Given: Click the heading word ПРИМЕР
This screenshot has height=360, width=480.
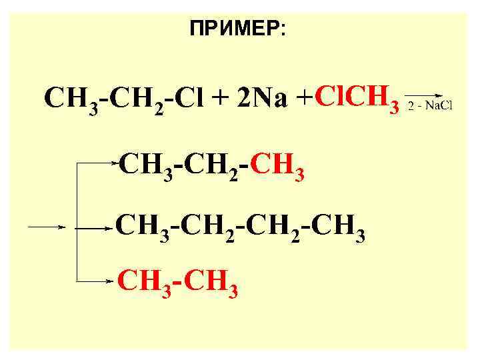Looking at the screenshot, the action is click(x=235, y=29).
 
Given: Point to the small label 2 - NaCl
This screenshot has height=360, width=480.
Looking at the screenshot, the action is click(x=429, y=106).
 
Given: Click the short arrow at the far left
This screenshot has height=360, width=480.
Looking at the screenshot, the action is click(x=45, y=227).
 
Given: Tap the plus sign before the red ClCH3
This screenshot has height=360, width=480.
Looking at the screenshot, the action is click(x=304, y=99).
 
